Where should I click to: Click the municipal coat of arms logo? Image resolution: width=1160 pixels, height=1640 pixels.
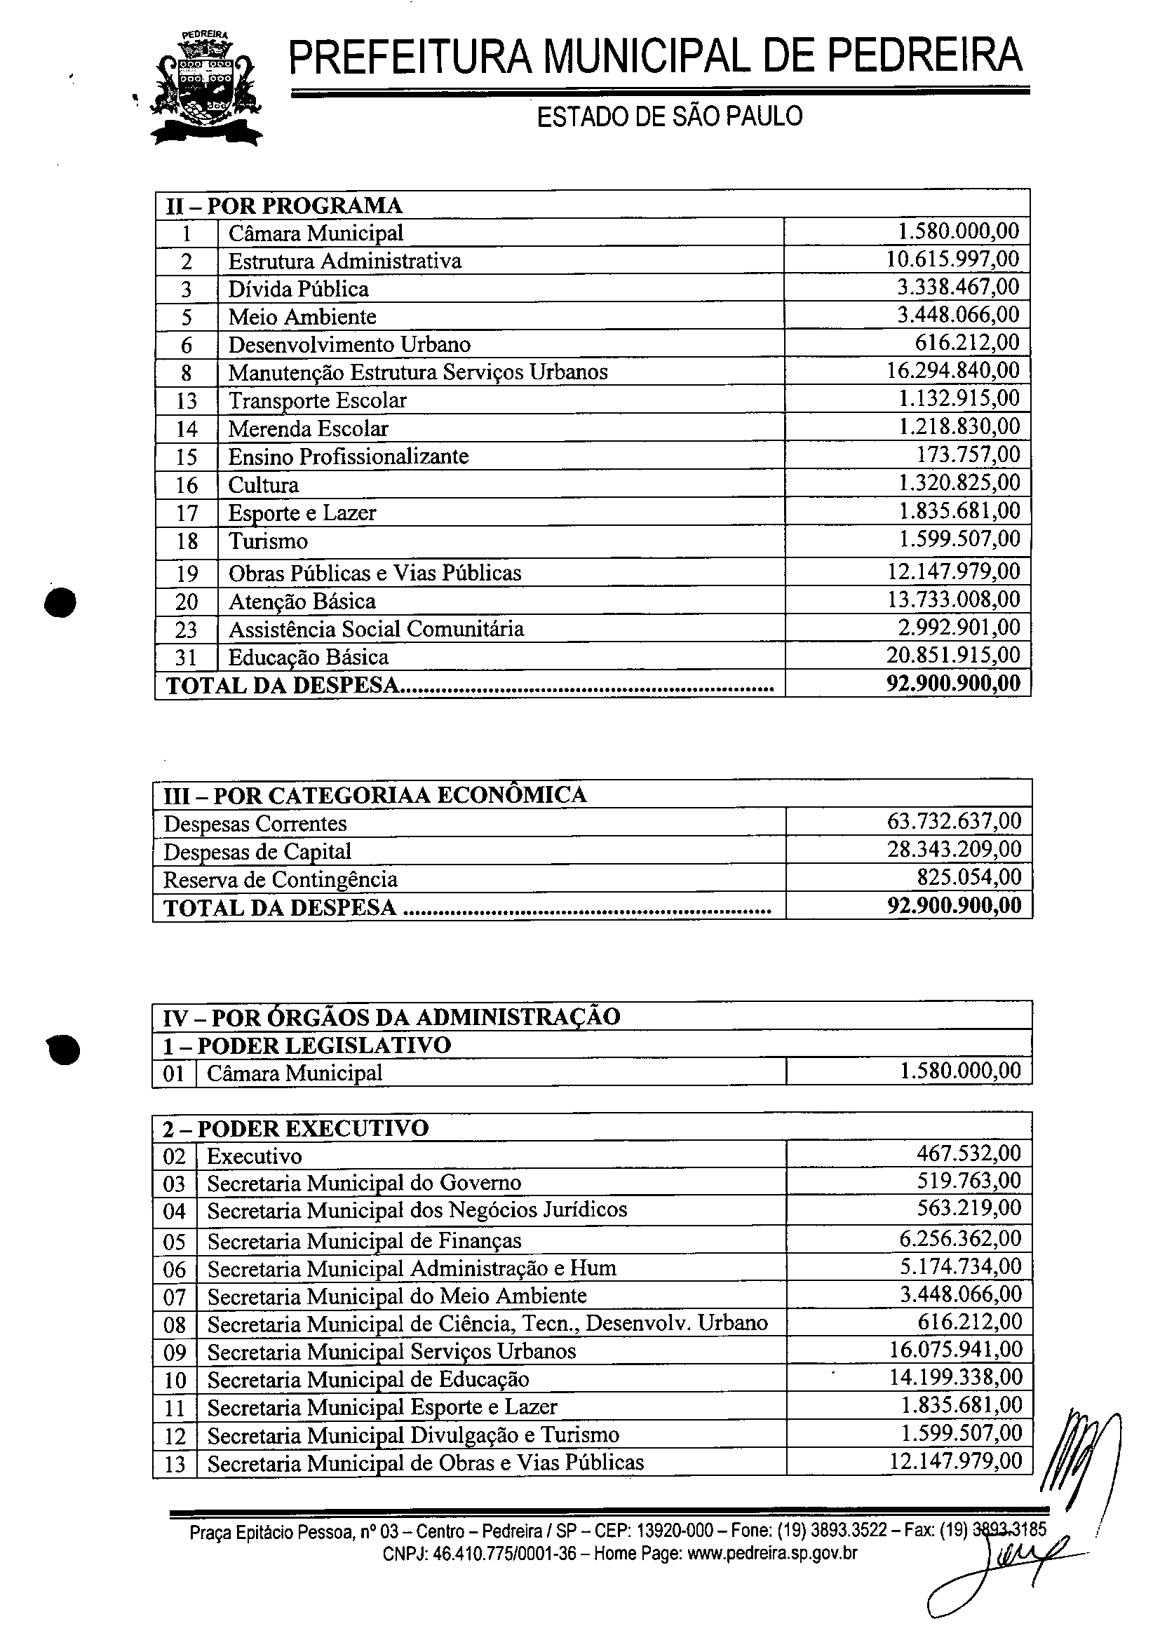(205, 88)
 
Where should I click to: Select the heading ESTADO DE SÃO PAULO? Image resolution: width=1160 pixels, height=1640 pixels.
(669, 116)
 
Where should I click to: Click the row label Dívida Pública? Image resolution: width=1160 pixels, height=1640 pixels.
(298, 290)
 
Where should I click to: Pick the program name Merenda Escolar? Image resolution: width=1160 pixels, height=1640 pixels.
(308, 428)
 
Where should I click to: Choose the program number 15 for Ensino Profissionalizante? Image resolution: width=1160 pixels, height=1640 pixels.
(187, 457)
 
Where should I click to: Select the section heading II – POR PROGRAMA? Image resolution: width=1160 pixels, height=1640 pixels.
(284, 205)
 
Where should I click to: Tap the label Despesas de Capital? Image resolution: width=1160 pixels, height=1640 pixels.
(257, 852)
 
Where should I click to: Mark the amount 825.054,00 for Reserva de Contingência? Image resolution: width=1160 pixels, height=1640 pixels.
(969, 878)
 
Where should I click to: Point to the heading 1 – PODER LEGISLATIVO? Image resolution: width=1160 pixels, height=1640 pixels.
(307, 1045)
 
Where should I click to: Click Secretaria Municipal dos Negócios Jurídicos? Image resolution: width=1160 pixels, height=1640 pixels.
(417, 1210)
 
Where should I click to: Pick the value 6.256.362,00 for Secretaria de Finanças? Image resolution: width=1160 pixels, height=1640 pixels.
(960, 1238)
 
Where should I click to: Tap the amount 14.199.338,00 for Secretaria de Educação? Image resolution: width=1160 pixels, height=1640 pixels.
(955, 1377)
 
